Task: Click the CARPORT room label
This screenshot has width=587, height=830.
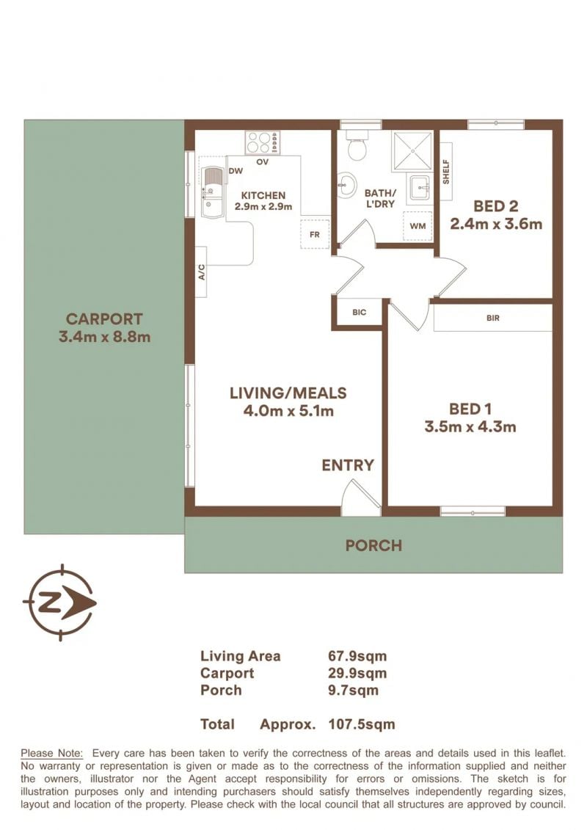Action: pos(104,319)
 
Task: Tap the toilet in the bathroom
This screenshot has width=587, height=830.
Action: pos(357,145)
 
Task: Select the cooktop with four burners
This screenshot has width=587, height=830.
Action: pos(263,142)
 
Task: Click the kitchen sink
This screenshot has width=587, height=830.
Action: pos(214,192)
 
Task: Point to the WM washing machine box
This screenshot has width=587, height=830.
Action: pos(418,226)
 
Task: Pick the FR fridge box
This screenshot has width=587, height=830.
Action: pos(315,234)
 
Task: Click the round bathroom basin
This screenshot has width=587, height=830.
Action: pos(347,185)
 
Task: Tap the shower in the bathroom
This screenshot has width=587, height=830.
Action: pos(412,151)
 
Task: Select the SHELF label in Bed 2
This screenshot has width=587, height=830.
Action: pos(445,172)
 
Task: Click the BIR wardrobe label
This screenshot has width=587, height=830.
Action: pos(493,318)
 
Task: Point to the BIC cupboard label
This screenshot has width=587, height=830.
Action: pos(360,313)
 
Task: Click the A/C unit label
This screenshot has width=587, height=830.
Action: pos(202,272)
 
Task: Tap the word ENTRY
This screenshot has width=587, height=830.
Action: pos(348,465)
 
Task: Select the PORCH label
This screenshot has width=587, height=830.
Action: pos(373,546)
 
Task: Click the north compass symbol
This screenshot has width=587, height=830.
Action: pos(60,603)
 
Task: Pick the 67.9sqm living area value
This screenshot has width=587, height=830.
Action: pos(357,656)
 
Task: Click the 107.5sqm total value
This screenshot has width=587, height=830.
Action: pos(362,724)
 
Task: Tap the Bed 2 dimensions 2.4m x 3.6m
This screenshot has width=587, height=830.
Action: pos(496,224)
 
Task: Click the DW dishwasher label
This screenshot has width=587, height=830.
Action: pos(236,171)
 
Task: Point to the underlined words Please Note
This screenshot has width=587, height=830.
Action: pos(51,753)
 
